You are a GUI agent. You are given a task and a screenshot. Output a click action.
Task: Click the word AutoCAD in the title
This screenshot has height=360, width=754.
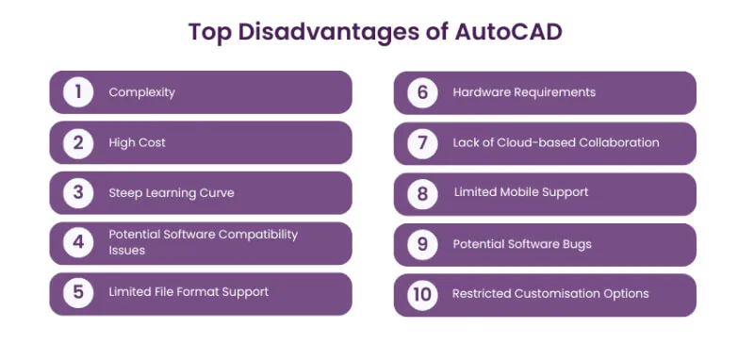[x=509, y=31]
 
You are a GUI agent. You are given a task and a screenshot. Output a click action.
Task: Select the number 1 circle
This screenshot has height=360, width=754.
[x=78, y=92]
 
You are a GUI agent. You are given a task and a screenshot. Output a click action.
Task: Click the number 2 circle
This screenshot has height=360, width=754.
[x=78, y=143]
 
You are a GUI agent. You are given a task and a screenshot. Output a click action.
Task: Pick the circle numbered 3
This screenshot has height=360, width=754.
[x=78, y=193]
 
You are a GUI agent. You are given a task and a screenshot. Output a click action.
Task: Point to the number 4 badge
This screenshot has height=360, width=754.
[x=78, y=242]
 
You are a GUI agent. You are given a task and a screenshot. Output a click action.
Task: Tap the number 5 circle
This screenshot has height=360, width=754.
[x=78, y=292]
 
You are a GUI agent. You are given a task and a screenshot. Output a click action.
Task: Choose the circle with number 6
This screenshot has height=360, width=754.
[x=423, y=92]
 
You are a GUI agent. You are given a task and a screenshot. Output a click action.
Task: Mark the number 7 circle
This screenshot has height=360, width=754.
[x=423, y=143]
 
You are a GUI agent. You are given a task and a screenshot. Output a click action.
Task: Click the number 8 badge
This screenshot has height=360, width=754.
[x=423, y=193]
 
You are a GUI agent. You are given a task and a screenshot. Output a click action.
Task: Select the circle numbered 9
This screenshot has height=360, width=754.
[x=423, y=244]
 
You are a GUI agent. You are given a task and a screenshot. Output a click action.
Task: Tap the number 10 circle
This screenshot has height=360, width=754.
[x=423, y=294]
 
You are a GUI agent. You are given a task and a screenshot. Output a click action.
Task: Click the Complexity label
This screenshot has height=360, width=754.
[x=141, y=92]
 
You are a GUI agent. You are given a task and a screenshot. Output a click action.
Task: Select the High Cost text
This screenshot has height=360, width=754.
[x=138, y=143]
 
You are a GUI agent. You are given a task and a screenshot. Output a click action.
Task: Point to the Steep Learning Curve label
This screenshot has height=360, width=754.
[x=172, y=193]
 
